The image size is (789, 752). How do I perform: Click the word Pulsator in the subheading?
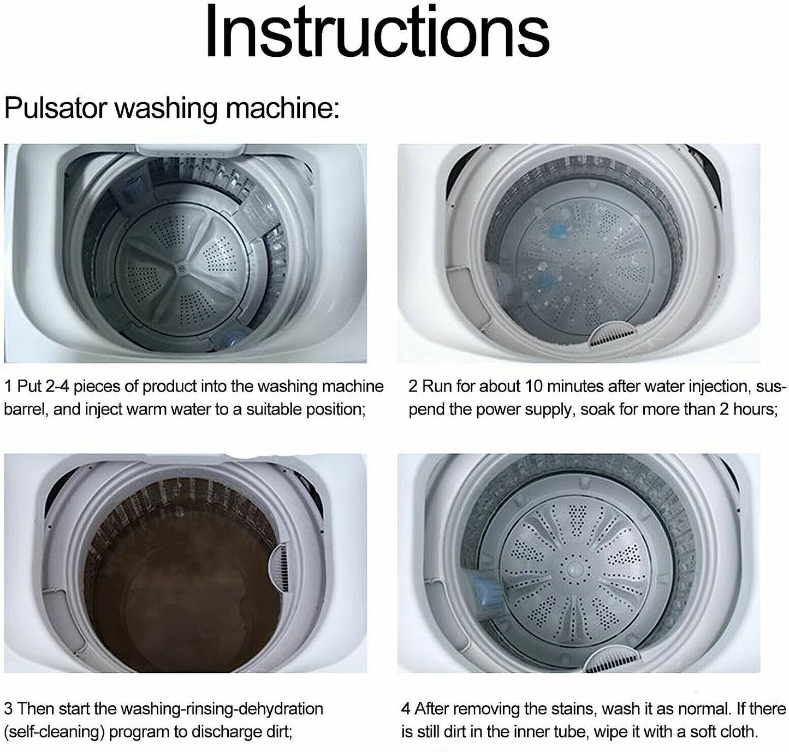pyautogui.click(x=55, y=108)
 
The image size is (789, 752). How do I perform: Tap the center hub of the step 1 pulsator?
pyautogui.click(x=181, y=268)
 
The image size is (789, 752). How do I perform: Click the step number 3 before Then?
pyautogui.click(x=8, y=709)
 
